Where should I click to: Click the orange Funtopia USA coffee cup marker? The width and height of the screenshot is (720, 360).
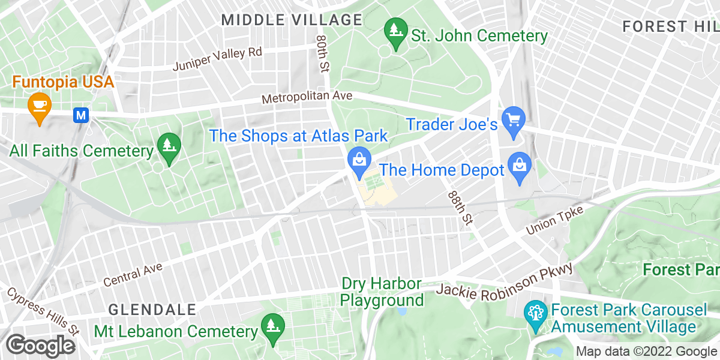40,106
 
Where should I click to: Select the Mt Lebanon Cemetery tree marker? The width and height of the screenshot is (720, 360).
272,326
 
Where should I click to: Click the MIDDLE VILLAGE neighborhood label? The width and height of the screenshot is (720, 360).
292,20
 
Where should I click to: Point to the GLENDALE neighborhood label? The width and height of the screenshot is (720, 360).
152,310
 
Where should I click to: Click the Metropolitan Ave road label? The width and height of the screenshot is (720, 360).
307,97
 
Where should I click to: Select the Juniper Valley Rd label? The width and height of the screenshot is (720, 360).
217,59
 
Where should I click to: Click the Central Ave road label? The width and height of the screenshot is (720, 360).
133,274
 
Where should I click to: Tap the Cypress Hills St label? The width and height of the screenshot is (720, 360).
43,311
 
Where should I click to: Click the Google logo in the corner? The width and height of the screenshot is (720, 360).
41,346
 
